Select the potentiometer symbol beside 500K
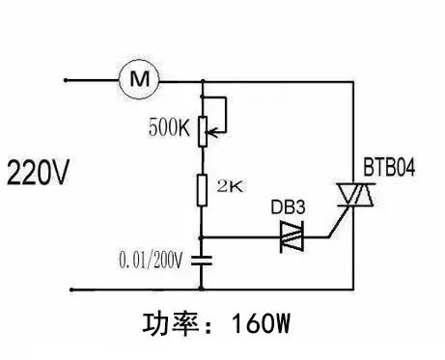coord(202,130)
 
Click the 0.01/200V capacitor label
coord(152,259)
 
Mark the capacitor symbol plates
coord(202,259)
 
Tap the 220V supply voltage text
coord(39,174)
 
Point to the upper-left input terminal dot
coord(65,78)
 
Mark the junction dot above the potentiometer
coord(202,94)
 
